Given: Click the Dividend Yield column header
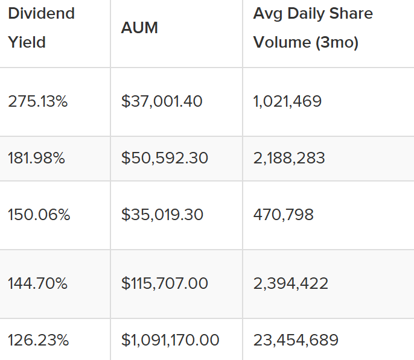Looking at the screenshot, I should point(41,28).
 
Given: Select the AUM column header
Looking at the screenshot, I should point(139,28).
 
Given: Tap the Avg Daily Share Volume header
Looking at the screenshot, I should point(313,28).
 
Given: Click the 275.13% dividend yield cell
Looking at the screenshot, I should point(37,101).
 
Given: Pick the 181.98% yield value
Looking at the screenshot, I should point(36,158).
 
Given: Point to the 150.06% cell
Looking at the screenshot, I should point(39,215).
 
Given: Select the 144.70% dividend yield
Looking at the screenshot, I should point(37,283).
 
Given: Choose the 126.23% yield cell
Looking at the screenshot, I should point(38,340).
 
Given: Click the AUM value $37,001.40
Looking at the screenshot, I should point(162,101).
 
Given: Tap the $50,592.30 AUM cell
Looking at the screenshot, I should point(164,158).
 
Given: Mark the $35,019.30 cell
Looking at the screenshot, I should point(162,215).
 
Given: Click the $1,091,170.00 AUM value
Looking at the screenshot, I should point(170,340).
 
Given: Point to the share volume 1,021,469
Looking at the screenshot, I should point(287,101).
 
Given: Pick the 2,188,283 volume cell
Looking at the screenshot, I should point(289,158).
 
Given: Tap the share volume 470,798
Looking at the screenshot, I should point(283,215).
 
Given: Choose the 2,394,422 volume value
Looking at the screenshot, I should point(290,283).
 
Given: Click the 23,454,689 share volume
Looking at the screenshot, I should point(296,340).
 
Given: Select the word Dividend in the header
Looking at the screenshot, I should point(41,13).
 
